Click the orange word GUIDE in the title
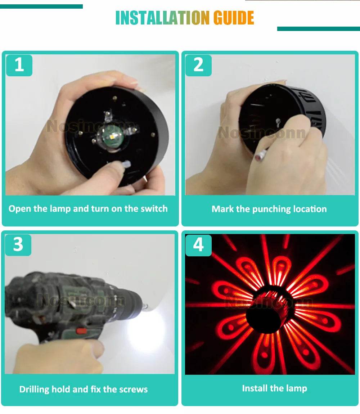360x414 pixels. (234, 18)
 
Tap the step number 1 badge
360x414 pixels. (19, 65)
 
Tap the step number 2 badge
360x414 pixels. (198, 65)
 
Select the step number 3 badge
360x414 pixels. (18, 244)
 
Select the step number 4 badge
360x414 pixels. (198, 245)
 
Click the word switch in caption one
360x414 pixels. (154, 208)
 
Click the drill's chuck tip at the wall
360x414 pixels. (144, 306)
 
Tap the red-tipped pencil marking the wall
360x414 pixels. (261, 154)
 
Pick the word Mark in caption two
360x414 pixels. (222, 209)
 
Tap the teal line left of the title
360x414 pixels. (41, 6)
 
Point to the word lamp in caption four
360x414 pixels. (296, 389)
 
